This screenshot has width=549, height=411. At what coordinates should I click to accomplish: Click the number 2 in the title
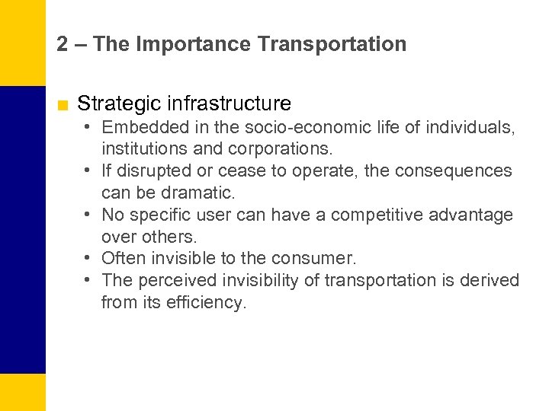pos(63,44)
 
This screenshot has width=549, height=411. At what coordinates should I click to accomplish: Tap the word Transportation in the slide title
pos(332,44)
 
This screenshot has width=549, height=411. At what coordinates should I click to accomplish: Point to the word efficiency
pos(206,303)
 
